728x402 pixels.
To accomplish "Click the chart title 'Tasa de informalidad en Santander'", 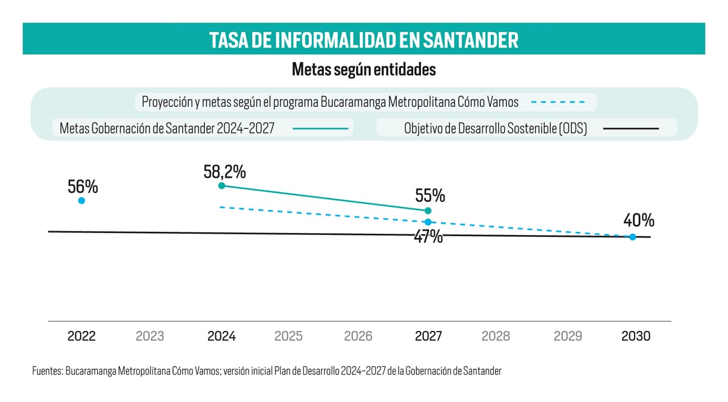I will point(363,40).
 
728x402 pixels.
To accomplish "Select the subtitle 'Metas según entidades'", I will point(363,69).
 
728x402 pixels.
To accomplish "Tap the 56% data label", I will point(83,186).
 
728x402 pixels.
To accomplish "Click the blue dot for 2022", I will point(81,200).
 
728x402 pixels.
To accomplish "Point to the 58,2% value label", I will point(224,171).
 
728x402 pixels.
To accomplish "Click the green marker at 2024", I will point(221,185).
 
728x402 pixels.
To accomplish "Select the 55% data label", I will point(430,196).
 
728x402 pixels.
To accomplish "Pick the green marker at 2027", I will point(428,210).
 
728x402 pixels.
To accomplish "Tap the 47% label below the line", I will point(428,237).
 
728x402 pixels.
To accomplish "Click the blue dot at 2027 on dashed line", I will point(428,222).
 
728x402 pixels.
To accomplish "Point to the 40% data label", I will point(638,220).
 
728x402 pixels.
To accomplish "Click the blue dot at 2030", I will point(633,237).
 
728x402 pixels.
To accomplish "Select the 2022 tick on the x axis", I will point(81,336).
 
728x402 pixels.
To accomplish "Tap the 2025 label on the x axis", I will point(289,336).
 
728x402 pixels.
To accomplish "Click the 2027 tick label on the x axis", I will point(428,336).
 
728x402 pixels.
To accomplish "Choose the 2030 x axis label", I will point(636,336).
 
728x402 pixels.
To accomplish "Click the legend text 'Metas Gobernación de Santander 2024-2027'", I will point(167,129).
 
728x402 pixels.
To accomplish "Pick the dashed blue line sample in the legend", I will point(558,102).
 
